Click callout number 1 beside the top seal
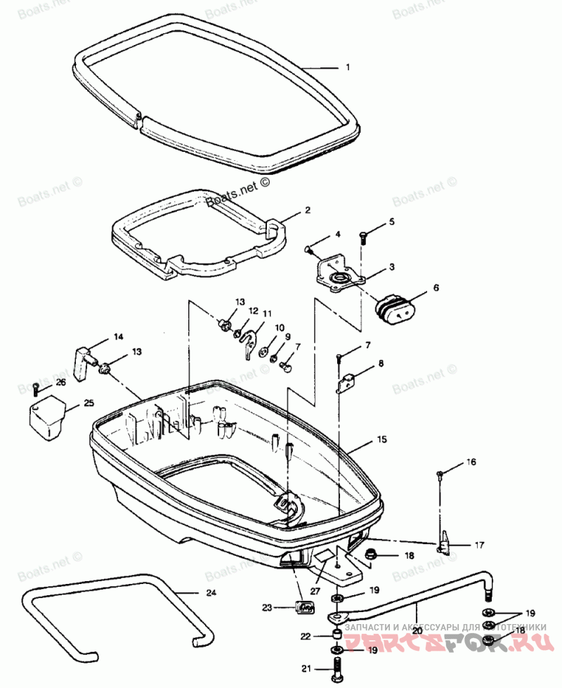coord(346,67)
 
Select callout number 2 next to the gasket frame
coord(307,209)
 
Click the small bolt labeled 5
coord(363,237)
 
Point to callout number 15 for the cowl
coord(381,440)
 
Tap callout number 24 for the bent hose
coord(211,592)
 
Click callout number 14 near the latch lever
coord(118,337)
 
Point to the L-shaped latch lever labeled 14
coord(84,356)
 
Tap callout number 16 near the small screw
coord(471,462)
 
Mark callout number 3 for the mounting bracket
coord(392,267)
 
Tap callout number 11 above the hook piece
coord(267,313)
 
